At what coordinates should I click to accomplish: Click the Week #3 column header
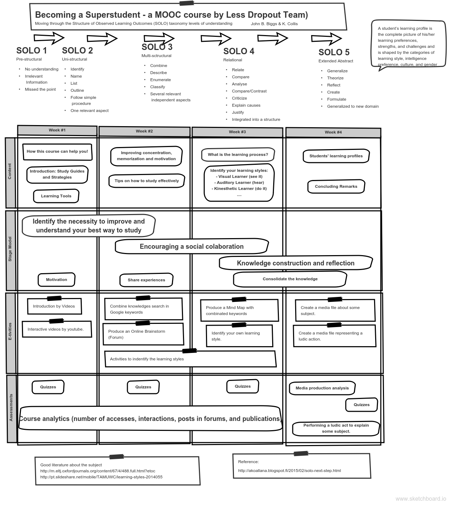pyautogui.click(x=237, y=132)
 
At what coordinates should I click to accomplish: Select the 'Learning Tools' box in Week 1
pyautogui.click(x=56, y=196)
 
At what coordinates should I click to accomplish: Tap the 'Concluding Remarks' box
pyautogui.click(x=336, y=186)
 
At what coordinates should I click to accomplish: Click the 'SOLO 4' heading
pyautogui.click(x=239, y=51)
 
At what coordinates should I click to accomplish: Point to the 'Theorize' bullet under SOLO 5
pyautogui.click(x=335, y=78)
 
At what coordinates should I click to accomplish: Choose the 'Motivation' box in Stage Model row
pyautogui.click(x=57, y=280)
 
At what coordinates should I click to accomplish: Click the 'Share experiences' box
pyautogui.click(x=146, y=280)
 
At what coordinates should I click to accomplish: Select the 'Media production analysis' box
pyautogui.click(x=322, y=388)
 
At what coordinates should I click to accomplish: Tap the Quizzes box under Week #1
pyautogui.click(x=48, y=387)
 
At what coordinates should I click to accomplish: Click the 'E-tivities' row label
pyautogui.click(x=10, y=332)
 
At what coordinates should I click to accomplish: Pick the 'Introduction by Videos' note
pyautogui.click(x=54, y=306)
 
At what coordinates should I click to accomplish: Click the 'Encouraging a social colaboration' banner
pyautogui.click(x=191, y=247)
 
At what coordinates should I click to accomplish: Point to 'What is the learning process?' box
pyautogui.click(x=238, y=154)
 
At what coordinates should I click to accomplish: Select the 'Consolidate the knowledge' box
pyautogui.click(x=290, y=279)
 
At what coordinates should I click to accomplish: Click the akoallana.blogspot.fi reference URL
pyautogui.click(x=289, y=471)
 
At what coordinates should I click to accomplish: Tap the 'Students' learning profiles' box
pyautogui.click(x=336, y=156)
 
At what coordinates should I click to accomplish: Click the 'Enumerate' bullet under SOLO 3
pyautogui.click(x=160, y=80)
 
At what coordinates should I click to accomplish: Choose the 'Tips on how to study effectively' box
pyautogui.click(x=147, y=181)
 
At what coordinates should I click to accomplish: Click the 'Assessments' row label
pyautogui.click(x=11, y=407)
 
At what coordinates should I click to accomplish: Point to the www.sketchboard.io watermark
pyautogui.click(x=420, y=499)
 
